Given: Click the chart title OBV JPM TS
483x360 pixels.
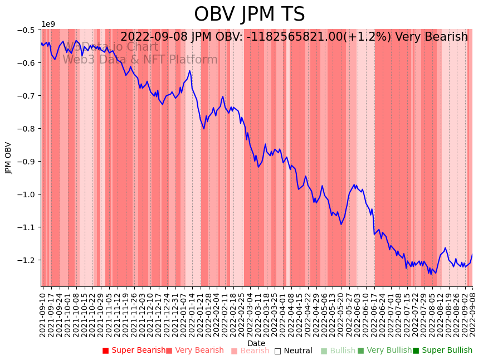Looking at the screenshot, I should click(x=250, y=14).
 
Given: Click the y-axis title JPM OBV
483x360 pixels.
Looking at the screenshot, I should click(x=8, y=158).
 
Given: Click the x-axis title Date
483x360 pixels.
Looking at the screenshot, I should click(x=256, y=343).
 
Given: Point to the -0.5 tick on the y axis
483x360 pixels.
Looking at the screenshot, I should click(x=27, y=30).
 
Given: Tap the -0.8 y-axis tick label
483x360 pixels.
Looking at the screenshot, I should click(x=27, y=128).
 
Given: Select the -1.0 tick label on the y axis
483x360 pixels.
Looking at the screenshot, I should click(x=27, y=194).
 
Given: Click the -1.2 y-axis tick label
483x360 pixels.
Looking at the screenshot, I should click(x=27, y=260).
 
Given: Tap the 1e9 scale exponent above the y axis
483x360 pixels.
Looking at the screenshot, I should click(x=48, y=24).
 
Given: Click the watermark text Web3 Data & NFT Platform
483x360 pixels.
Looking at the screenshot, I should click(x=140, y=60).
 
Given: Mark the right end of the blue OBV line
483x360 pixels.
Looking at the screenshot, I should click(x=472, y=254).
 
